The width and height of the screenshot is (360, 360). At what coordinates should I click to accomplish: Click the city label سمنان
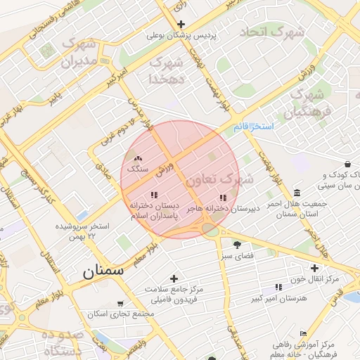[x=103, y=271]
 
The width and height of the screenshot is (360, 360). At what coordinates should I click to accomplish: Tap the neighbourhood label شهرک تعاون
[x=212, y=180]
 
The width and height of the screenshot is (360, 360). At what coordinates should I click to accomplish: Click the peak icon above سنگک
[x=137, y=160]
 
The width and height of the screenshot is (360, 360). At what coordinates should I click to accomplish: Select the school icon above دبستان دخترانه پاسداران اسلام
[x=154, y=195]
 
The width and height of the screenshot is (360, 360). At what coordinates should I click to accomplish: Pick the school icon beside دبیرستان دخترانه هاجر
[x=224, y=198]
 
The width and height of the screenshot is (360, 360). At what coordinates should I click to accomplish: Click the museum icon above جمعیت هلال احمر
[x=297, y=193]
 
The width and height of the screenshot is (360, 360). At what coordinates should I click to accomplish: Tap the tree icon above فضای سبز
[x=236, y=245]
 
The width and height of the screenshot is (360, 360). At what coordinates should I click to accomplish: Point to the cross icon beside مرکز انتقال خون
[x=314, y=268]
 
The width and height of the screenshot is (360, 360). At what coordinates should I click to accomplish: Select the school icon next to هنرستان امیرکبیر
[x=279, y=287]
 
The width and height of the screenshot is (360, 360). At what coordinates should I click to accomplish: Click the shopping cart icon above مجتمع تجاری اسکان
[x=120, y=304]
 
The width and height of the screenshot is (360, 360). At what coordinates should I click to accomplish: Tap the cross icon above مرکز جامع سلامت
[x=174, y=278]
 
